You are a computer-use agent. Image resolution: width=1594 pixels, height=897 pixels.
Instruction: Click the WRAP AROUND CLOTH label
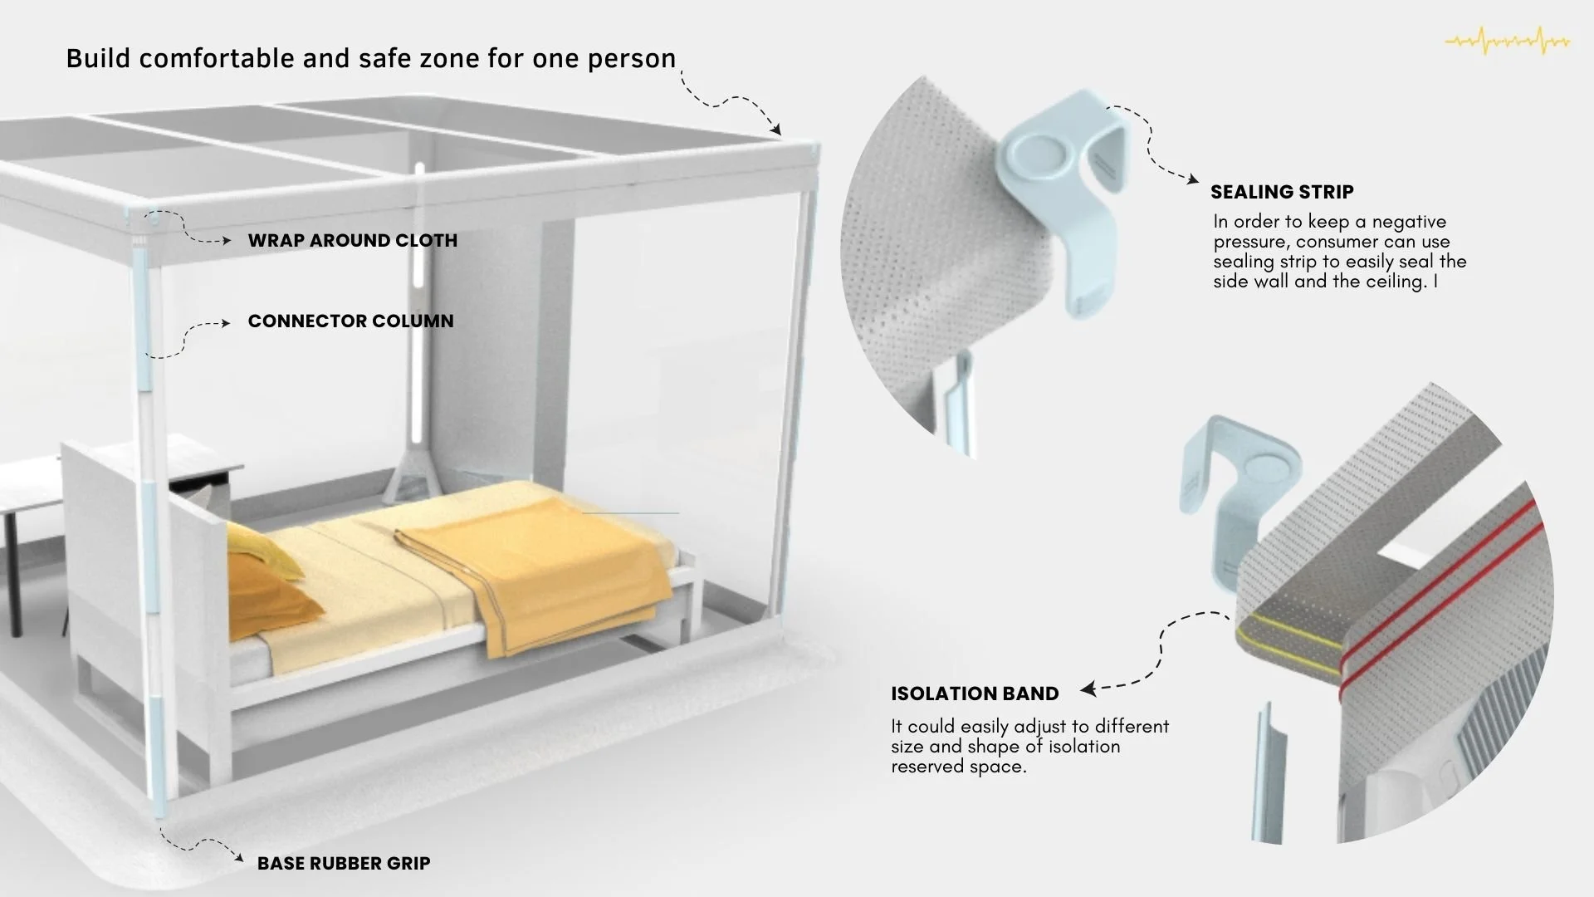pyautogui.click(x=352, y=241)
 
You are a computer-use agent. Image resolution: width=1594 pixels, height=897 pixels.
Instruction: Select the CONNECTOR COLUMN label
pyautogui.click(x=350, y=321)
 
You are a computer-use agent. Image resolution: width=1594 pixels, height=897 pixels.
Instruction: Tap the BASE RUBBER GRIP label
pyautogui.click(x=344, y=864)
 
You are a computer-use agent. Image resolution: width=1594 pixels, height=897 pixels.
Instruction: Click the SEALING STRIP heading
pyautogui.click(x=1282, y=192)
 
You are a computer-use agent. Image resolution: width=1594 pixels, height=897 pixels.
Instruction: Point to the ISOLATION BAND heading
pyautogui.click(x=975, y=694)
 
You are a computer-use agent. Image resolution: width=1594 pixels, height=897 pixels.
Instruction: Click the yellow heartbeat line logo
pyautogui.click(x=1508, y=40)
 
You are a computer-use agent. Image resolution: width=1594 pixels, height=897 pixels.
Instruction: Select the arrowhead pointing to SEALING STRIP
pyautogui.click(x=1193, y=179)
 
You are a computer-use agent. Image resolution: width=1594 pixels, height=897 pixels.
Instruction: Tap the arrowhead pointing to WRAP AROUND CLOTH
pyautogui.click(x=226, y=241)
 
